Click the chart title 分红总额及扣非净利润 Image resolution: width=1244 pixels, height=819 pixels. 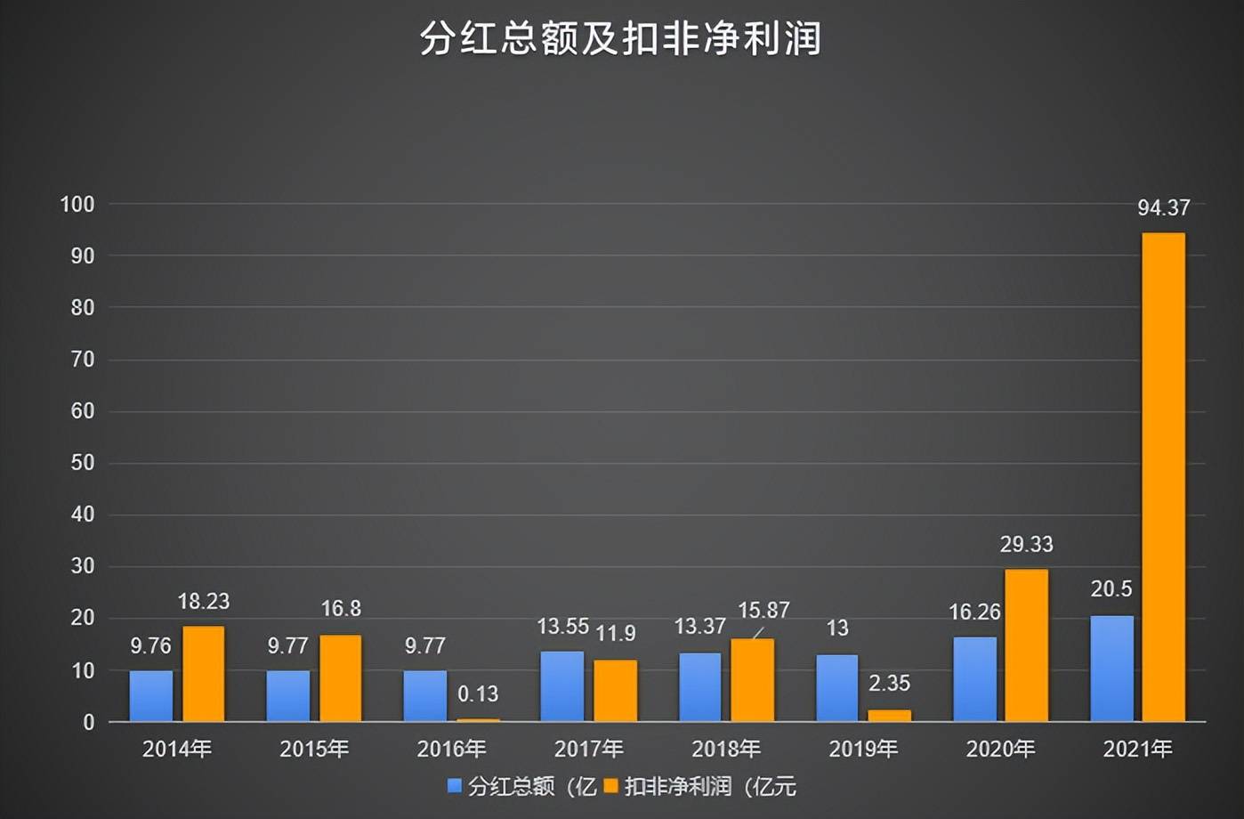pos(620,40)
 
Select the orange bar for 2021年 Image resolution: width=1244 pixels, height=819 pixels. pos(1163,476)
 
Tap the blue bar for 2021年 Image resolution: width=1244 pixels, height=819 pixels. pos(1111,668)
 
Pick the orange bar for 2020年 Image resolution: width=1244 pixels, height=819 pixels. pos(1026,645)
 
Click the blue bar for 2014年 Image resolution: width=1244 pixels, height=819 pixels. pos(151,695)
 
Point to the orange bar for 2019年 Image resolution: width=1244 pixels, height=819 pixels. pos(889,715)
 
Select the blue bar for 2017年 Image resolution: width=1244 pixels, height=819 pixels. pos(562,685)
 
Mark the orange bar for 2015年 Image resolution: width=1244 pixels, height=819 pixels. pos(341,677)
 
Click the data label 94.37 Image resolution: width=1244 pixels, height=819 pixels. pos(1163,208)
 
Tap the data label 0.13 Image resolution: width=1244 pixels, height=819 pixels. pos(478,693)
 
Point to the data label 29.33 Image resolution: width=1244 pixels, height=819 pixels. pos(1026,544)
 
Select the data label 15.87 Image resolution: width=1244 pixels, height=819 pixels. pos(763,610)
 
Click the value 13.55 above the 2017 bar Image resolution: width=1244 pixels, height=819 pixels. pos(562,627)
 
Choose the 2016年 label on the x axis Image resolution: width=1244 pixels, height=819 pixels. pos(451,750)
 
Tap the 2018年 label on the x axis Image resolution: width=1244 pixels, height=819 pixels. pos(726,750)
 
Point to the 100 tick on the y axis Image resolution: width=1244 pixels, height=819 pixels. pos(77,204)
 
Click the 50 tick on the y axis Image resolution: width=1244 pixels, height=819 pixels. pos(83,463)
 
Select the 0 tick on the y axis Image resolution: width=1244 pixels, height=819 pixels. pos(88,723)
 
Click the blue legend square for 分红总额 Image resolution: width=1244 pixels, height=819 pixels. pos(455,786)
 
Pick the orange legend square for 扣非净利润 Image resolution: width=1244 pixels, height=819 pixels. pos(610,786)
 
